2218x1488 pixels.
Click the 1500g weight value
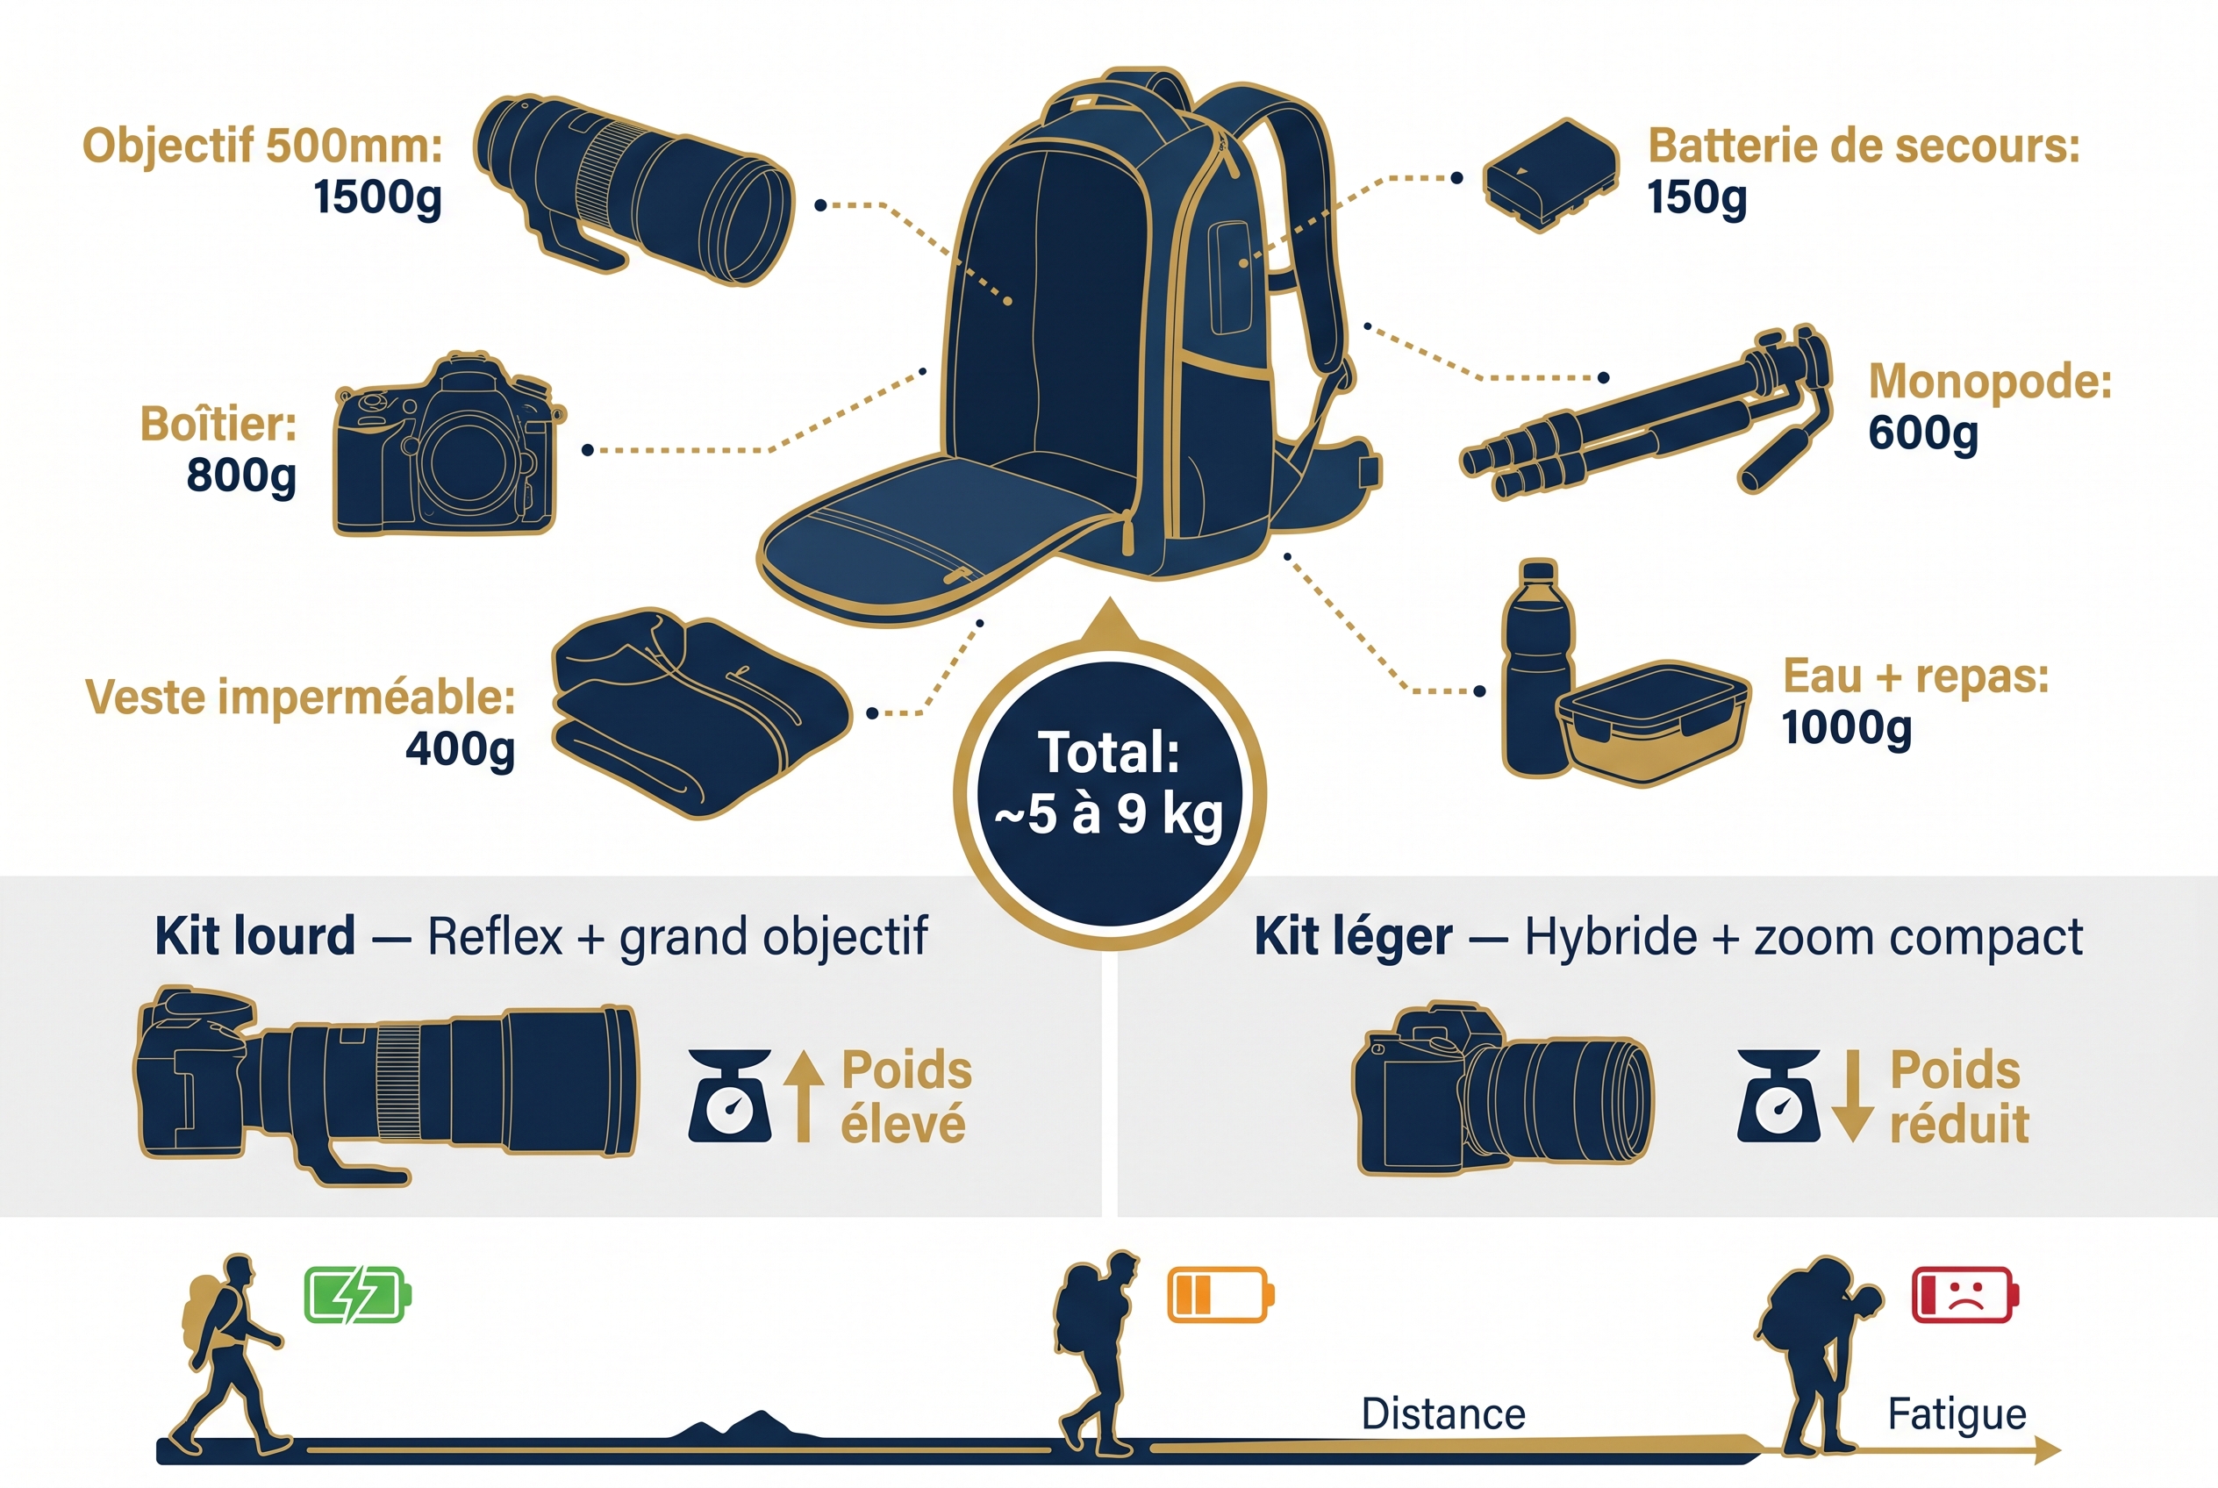click(x=378, y=197)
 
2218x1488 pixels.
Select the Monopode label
click(x=1989, y=382)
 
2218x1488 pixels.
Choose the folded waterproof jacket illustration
click(x=700, y=712)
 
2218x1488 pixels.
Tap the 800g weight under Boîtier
click(x=241, y=475)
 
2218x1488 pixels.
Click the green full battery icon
click(x=357, y=1294)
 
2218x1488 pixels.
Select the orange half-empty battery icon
click(x=1220, y=1294)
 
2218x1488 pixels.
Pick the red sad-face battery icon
click(x=1964, y=1294)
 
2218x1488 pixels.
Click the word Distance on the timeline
click(x=1442, y=1414)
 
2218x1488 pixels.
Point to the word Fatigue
click(x=1957, y=1414)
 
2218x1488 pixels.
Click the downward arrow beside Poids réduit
click(x=1851, y=1096)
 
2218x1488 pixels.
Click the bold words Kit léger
click(x=1352, y=938)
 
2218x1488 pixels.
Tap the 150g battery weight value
click(x=1696, y=197)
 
